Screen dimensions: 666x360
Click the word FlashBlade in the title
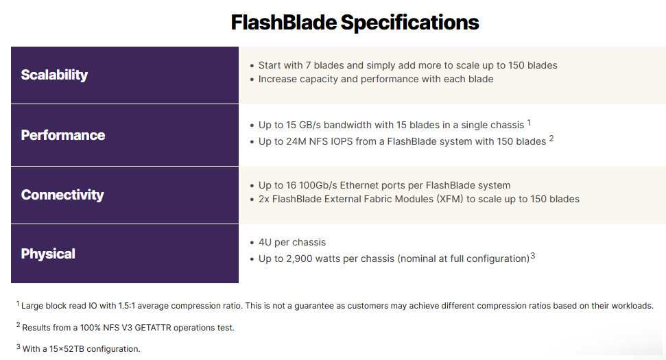click(284, 22)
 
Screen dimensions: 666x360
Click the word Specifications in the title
click(410, 23)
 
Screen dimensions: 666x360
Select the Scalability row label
click(54, 75)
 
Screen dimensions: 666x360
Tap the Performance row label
click(63, 135)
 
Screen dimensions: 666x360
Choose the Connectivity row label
click(62, 195)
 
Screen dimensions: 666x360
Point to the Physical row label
click(48, 254)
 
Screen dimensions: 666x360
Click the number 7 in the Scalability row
click(308, 65)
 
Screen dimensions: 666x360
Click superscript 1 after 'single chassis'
click(529, 122)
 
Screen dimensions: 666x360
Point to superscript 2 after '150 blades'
click(551, 139)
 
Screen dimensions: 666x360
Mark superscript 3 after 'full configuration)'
click(533, 256)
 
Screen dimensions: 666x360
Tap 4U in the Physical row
click(265, 243)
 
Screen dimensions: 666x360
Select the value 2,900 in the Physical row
click(299, 259)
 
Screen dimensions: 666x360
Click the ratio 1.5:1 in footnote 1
click(127, 306)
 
